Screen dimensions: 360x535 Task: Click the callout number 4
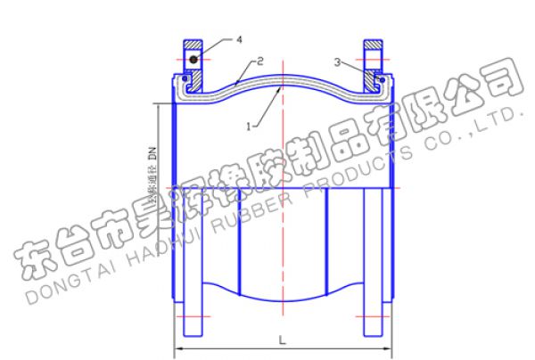(x=238, y=40)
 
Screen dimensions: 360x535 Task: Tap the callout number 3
(x=336, y=61)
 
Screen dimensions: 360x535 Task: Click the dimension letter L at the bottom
(x=283, y=339)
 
